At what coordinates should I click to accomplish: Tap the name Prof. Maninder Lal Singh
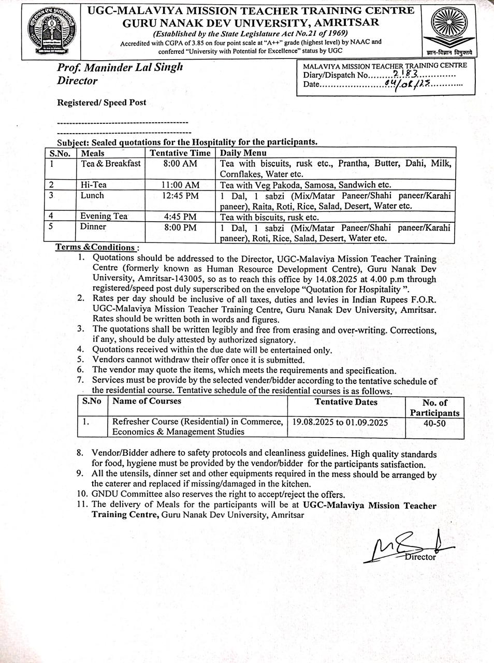tap(120, 67)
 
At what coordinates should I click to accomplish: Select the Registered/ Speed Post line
tap(101, 103)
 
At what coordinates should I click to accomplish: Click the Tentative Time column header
tap(180, 153)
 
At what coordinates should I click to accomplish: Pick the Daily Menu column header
tap(243, 153)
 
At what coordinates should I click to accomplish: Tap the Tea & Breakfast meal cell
tap(110, 164)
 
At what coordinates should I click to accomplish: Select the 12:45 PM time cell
tap(180, 196)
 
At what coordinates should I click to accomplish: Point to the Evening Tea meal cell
tap(104, 217)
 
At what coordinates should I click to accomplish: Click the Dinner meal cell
tap(93, 227)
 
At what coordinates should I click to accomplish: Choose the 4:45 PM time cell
tap(180, 217)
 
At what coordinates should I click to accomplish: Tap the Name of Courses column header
tap(147, 401)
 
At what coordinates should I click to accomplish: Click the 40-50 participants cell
tap(434, 423)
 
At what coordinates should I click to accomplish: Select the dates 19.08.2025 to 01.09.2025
tap(340, 422)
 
